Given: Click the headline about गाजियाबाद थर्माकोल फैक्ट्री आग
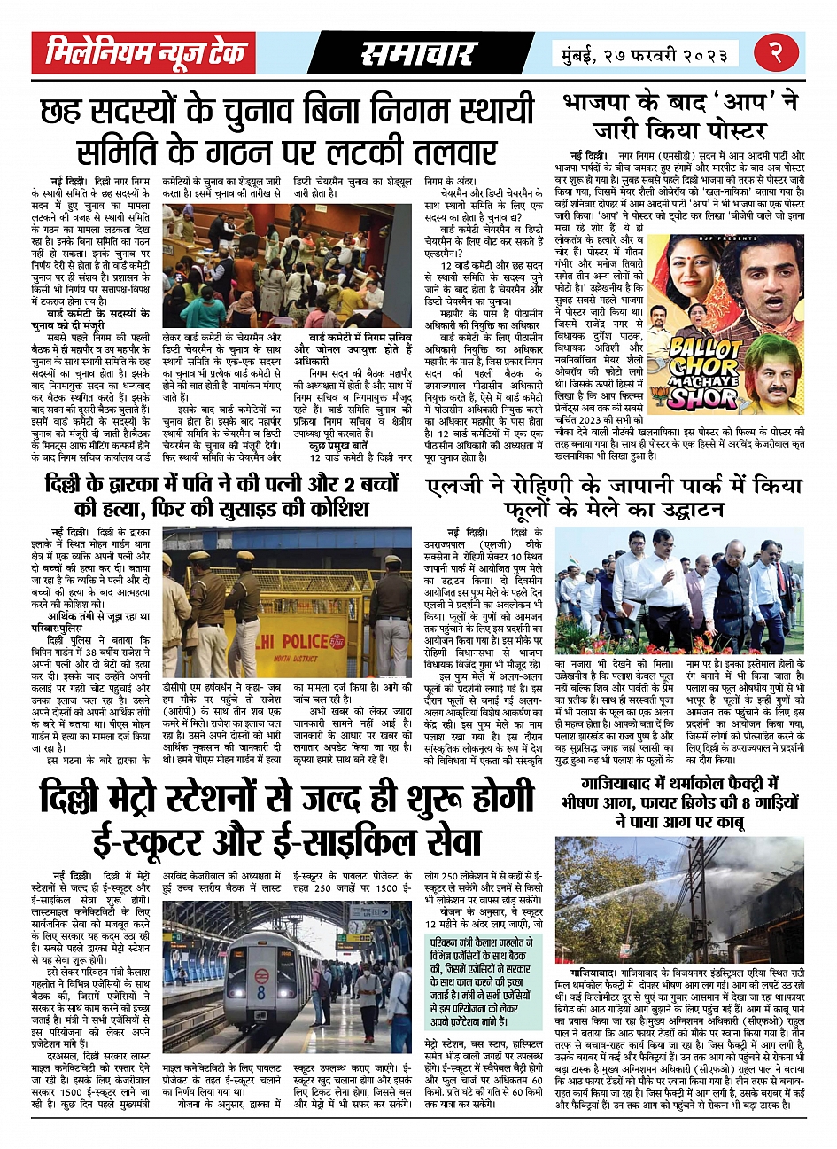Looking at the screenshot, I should pos(680,802).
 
